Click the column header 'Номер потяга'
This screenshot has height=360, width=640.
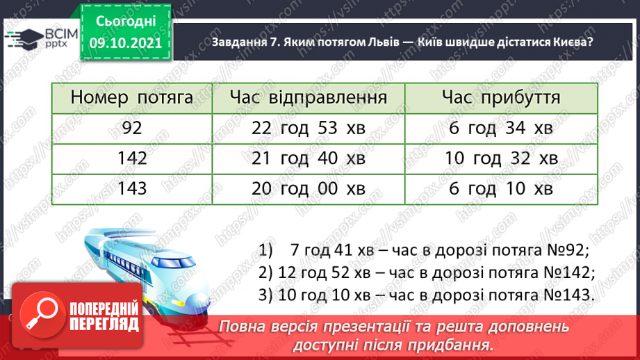click(x=131, y=98)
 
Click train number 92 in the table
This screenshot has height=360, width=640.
click(x=131, y=128)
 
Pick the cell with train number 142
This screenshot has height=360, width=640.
click(x=131, y=158)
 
